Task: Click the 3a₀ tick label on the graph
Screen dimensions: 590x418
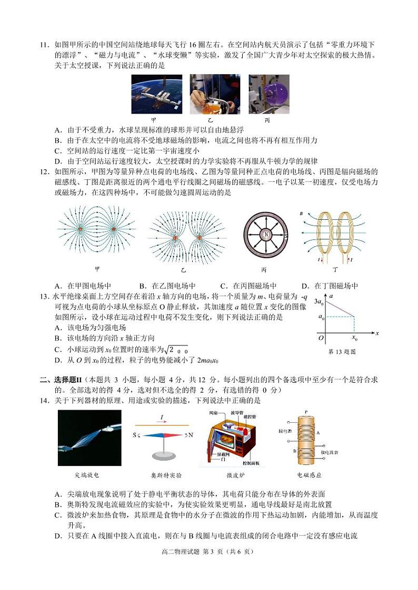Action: click(x=319, y=301)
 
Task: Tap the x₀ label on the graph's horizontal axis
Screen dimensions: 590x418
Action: click(x=354, y=338)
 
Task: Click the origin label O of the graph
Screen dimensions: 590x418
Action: click(x=321, y=338)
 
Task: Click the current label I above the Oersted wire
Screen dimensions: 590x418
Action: click(x=162, y=416)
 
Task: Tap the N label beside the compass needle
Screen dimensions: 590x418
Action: click(x=191, y=435)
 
